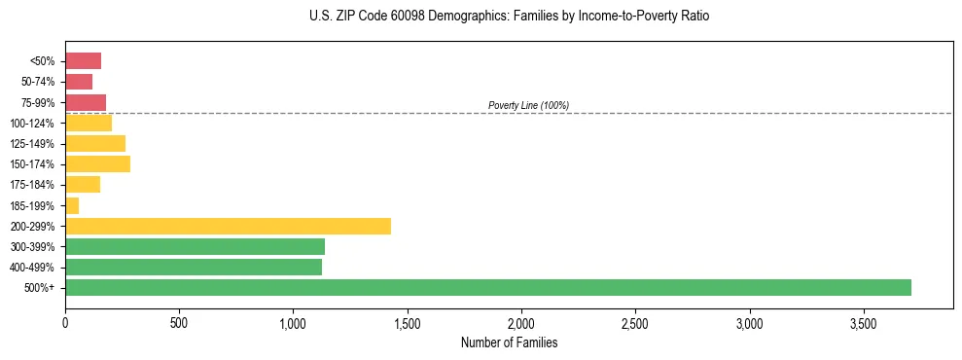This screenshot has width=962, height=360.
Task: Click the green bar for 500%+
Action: click(x=487, y=287)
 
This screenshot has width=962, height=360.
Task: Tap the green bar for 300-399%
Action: click(x=195, y=246)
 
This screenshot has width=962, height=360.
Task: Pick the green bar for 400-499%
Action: click(x=193, y=267)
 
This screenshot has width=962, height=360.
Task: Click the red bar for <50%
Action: click(x=83, y=61)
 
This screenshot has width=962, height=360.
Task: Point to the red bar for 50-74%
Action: click(x=79, y=82)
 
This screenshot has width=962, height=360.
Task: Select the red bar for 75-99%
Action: click(x=86, y=102)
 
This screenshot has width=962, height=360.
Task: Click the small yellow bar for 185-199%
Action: click(x=72, y=205)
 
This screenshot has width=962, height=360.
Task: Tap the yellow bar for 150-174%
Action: click(x=97, y=164)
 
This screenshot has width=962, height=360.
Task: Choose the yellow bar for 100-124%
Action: click(x=89, y=123)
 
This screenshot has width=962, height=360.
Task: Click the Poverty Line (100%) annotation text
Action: click(x=528, y=105)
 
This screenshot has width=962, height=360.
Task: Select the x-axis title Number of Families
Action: click(x=508, y=342)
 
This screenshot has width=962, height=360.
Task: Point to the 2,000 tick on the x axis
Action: click(x=521, y=322)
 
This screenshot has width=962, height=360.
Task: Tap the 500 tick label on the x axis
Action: click(x=179, y=322)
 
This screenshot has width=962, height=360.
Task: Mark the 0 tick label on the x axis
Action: click(x=65, y=322)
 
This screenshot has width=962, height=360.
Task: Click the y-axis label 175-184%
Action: click(x=33, y=185)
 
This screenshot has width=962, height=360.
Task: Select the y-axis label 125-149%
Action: click(x=33, y=144)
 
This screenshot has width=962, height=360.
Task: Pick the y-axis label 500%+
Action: click(x=40, y=288)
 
